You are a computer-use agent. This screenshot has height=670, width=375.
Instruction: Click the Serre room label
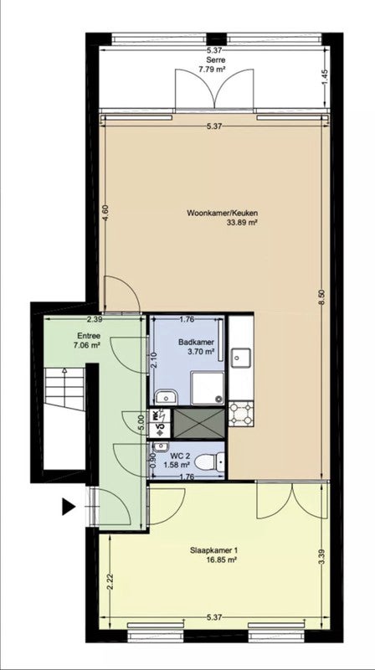click(x=215, y=60)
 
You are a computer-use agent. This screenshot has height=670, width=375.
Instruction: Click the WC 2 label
click(x=179, y=456)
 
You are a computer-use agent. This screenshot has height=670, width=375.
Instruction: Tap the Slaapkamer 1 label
click(x=213, y=550)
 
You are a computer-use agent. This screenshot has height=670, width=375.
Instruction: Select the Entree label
click(x=86, y=336)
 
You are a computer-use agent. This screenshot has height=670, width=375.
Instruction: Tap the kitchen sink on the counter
click(x=241, y=358)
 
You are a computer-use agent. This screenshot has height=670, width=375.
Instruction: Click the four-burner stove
click(x=241, y=414)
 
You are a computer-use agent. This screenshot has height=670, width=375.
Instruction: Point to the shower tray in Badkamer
click(x=208, y=388)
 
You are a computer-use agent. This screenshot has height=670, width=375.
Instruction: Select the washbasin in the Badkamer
click(x=167, y=397)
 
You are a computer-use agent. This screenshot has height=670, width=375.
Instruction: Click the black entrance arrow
click(x=69, y=507)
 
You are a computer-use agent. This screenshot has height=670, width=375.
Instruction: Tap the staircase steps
click(x=65, y=388)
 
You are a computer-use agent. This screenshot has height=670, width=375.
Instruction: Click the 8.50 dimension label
click(x=322, y=297)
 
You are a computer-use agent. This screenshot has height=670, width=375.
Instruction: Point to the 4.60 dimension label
click(x=105, y=213)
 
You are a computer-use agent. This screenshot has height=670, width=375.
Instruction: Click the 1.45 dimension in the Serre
click(x=326, y=77)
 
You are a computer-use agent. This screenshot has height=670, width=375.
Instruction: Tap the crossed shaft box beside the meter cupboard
click(x=198, y=423)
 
